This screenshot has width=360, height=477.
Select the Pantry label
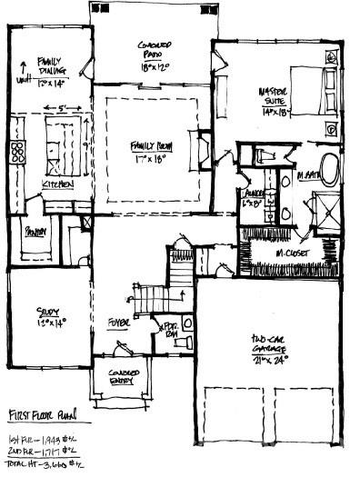[x=35, y=230]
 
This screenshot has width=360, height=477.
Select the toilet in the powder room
[x=186, y=324]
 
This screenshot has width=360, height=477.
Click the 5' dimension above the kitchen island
[x=63, y=111]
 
